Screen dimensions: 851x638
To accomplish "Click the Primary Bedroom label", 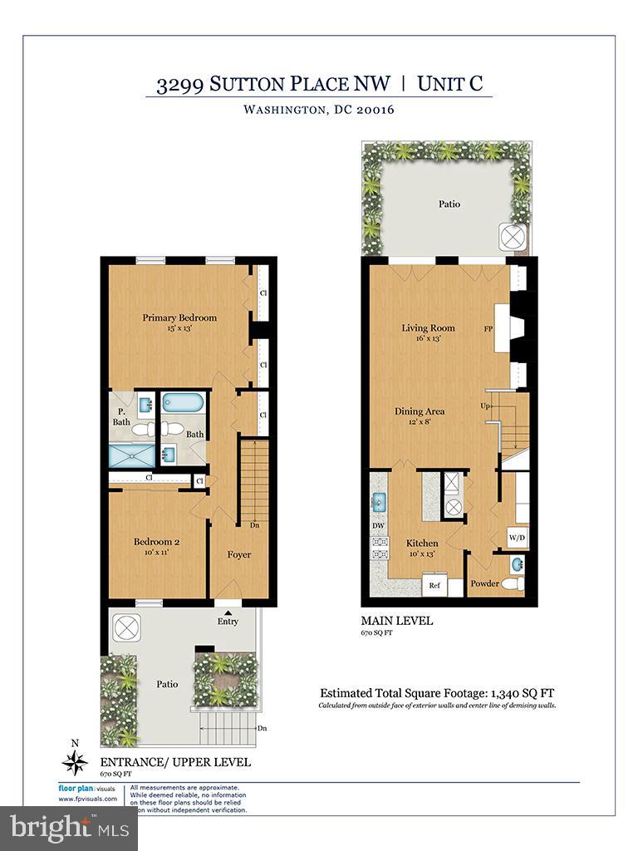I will click(179, 317).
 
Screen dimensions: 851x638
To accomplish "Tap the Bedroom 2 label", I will click(157, 542).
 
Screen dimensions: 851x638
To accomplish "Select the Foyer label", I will click(239, 554).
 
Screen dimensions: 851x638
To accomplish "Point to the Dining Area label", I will click(420, 411).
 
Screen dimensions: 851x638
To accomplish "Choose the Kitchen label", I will click(422, 543).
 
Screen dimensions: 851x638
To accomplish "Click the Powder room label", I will click(484, 583).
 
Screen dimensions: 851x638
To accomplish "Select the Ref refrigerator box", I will click(434, 585).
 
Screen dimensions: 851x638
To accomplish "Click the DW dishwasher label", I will click(378, 526).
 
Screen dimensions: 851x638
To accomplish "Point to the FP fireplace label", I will click(489, 328).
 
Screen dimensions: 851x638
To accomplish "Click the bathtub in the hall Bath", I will click(182, 404).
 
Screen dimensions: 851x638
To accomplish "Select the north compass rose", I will click(76, 762).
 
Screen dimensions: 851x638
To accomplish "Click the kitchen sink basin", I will click(378, 502).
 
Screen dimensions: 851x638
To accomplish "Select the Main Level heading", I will click(396, 620).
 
